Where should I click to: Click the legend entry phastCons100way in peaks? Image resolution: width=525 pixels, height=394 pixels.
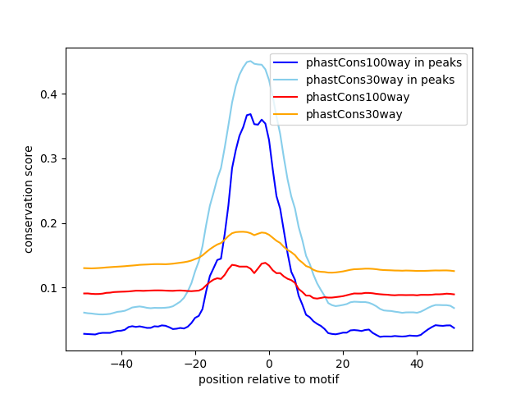coord(384,62)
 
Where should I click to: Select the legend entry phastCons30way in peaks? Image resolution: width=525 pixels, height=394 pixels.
coord(381,80)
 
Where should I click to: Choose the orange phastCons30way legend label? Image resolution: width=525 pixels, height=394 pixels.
coord(354,114)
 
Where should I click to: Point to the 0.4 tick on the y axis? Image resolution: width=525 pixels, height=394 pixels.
coord(52,94)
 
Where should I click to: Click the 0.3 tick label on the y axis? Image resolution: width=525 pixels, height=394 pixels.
coord(52,158)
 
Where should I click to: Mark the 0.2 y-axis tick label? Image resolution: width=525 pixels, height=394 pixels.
coord(52,223)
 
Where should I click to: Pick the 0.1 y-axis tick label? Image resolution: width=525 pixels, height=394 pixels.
coord(52,288)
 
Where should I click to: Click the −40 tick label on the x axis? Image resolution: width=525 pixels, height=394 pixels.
coord(121,362)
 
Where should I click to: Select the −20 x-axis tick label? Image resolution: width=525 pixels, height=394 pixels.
coord(195,362)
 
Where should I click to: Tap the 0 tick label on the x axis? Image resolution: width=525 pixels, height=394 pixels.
coord(269,362)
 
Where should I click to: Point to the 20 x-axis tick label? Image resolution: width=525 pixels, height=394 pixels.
coord(343,362)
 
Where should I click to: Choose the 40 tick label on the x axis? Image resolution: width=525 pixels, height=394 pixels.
coord(417,362)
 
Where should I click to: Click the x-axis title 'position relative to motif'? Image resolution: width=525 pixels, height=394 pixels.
coord(268,379)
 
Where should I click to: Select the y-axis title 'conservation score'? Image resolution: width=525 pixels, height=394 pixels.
coord(29,199)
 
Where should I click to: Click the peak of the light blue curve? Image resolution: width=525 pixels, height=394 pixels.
coord(250,61)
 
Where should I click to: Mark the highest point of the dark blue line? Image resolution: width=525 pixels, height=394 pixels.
coord(250,114)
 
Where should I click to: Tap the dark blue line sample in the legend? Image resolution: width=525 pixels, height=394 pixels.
coord(288,62)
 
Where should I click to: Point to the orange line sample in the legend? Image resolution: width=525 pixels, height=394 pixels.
coord(288,114)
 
